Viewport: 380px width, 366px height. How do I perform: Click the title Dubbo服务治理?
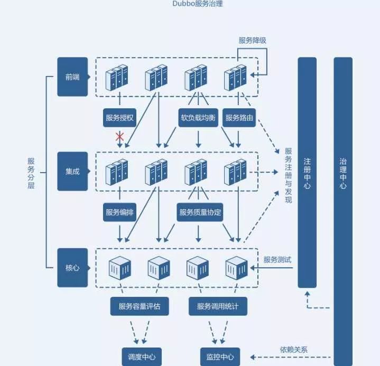[x=190, y=5]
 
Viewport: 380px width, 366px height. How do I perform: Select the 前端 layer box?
[x=72, y=77]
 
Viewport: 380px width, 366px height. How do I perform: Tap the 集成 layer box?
[x=72, y=172]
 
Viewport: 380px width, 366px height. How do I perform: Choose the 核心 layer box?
[x=72, y=268]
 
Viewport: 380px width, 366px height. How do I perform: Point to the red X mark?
[x=120, y=137]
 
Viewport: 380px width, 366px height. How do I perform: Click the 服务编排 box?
[x=120, y=212]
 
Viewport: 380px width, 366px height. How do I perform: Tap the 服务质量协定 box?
[x=200, y=212]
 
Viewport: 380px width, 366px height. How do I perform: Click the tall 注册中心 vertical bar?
[x=307, y=172]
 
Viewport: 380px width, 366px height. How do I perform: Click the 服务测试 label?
[x=277, y=260]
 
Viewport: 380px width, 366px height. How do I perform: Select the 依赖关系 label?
[x=294, y=350]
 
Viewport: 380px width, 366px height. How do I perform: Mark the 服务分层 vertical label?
[x=31, y=172]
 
